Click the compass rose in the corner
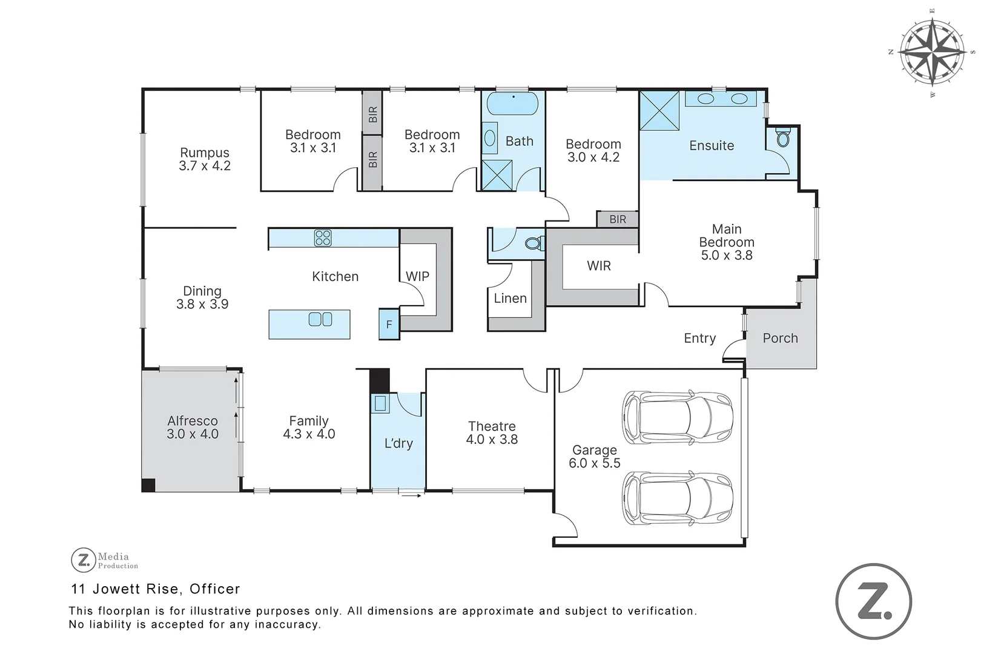933,52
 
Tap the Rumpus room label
205,153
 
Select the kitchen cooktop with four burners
323,238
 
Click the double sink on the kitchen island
320,319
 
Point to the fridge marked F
389,324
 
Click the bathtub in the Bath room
512,104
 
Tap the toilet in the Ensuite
782,137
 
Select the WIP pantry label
417,276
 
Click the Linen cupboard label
510,299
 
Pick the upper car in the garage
677,417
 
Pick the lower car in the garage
677,498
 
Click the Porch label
781,338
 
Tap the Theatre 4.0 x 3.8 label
492,433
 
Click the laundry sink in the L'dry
380,404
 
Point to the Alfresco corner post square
148,485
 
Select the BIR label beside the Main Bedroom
618,219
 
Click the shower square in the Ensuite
659,110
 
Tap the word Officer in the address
214,589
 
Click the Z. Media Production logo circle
83,560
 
